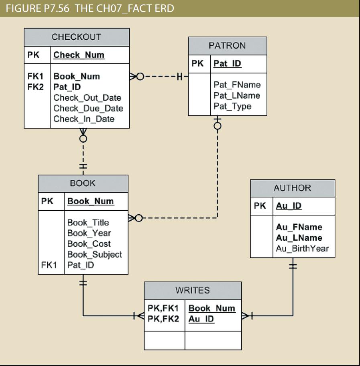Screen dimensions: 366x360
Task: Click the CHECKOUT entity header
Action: click(x=76, y=37)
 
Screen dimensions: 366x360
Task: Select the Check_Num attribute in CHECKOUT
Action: click(x=79, y=55)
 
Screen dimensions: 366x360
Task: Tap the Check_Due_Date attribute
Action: click(x=88, y=108)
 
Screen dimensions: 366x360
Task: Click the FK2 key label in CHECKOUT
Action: click(x=35, y=87)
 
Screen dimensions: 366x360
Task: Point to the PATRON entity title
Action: click(x=227, y=46)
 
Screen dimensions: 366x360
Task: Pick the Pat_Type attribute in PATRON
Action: click(x=232, y=106)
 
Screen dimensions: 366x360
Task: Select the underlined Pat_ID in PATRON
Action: click(x=227, y=63)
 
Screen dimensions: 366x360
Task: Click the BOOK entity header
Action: click(x=83, y=183)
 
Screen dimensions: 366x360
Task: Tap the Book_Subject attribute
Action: click(x=94, y=254)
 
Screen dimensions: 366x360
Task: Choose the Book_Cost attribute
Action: click(x=89, y=244)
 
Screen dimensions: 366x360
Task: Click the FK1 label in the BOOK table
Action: click(x=49, y=265)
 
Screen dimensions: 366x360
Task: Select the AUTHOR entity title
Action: click(x=292, y=188)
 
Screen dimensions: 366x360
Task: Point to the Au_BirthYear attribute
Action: click(x=302, y=248)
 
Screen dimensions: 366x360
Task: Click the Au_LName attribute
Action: click(x=299, y=238)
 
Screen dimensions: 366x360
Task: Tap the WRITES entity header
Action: click(x=192, y=291)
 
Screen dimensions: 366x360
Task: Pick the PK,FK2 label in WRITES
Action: click(x=163, y=319)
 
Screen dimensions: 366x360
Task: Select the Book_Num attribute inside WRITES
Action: click(x=212, y=308)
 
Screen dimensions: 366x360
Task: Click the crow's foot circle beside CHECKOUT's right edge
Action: click(x=140, y=76)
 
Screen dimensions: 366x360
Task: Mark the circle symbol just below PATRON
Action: click(x=217, y=126)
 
